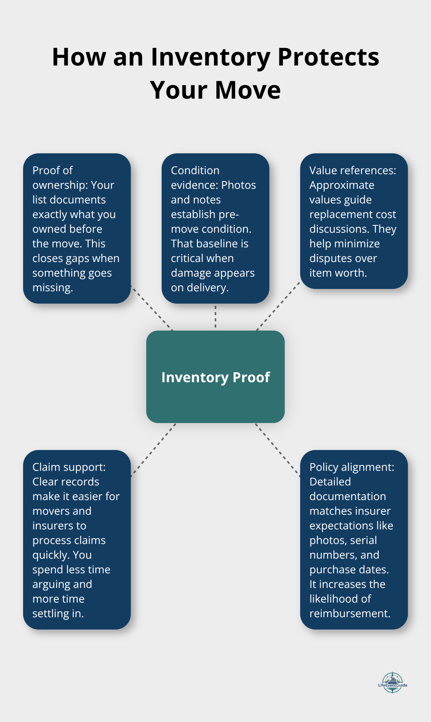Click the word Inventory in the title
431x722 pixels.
point(210,57)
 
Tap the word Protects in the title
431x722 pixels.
point(328,57)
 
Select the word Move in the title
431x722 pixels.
point(248,90)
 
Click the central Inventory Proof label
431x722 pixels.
point(215,377)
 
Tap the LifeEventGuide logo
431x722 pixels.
point(393,683)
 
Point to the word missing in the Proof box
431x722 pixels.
point(52,288)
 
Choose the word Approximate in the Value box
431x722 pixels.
point(342,185)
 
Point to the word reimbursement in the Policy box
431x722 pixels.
point(349,614)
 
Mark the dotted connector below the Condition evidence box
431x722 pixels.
point(215,317)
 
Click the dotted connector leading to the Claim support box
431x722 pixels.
point(153,450)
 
